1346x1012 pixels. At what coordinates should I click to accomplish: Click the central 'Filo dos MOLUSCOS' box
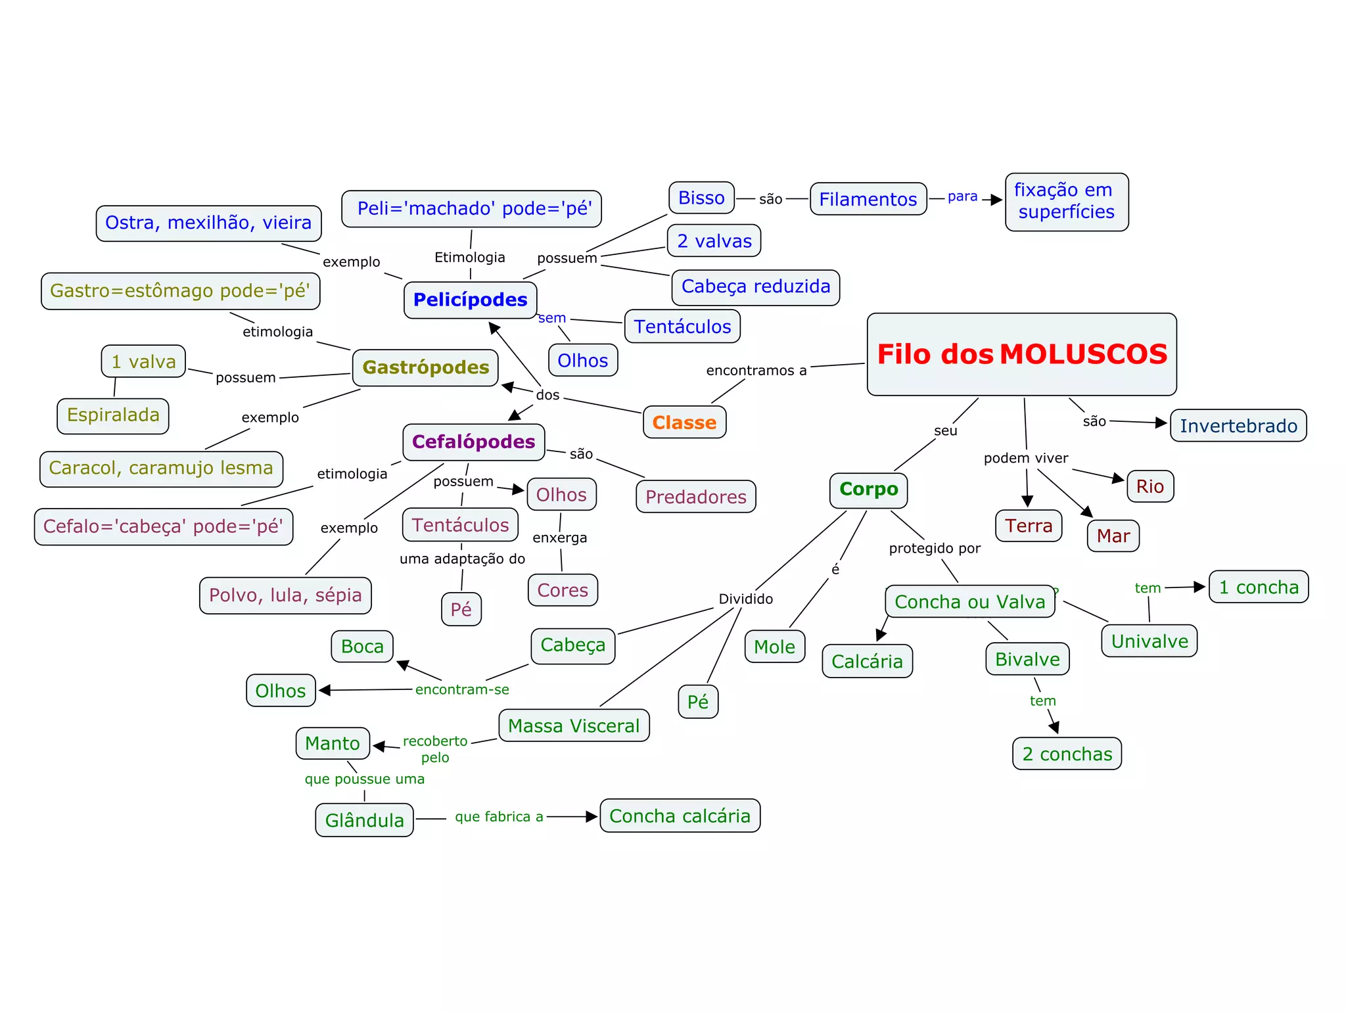click(1021, 354)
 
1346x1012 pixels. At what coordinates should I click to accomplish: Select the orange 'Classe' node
click(684, 423)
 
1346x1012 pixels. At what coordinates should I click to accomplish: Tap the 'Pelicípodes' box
click(470, 300)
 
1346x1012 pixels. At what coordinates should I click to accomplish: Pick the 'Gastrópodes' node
click(425, 367)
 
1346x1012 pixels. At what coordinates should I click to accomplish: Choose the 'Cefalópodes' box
click(473, 442)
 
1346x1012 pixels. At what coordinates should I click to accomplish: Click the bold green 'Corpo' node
click(868, 490)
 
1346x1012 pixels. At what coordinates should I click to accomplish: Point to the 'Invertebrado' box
click(1238, 426)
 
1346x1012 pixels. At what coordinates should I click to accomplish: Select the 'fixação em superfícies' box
click(1066, 202)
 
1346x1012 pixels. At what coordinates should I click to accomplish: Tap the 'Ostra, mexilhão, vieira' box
click(208, 223)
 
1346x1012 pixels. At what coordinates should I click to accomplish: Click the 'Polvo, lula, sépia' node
click(285, 595)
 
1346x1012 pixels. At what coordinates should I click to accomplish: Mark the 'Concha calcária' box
click(680, 816)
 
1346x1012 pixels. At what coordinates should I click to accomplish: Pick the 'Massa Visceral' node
click(574, 725)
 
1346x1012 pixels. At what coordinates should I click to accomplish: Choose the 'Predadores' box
click(695, 497)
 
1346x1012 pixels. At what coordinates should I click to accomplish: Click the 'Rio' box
click(1149, 486)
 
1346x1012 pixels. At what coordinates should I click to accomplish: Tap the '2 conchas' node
click(1067, 754)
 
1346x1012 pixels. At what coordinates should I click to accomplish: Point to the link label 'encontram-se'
click(462, 689)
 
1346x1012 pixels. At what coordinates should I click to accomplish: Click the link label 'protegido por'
click(935, 548)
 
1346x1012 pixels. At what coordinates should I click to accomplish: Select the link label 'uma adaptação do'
click(462, 559)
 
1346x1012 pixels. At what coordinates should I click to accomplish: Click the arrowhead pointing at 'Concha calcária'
click(592, 816)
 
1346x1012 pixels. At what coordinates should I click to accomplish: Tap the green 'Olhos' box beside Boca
click(281, 691)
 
